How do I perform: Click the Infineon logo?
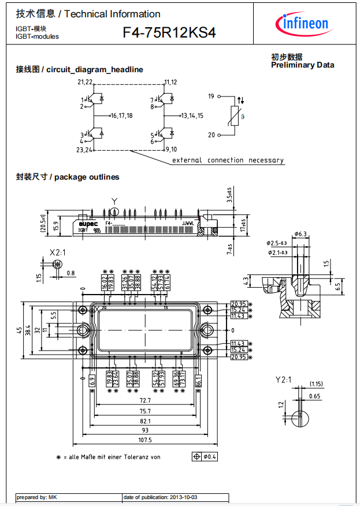click(305, 23)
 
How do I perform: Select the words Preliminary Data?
click(302, 65)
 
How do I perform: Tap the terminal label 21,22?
click(85, 83)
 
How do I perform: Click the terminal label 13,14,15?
click(192, 116)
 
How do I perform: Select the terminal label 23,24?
click(84, 150)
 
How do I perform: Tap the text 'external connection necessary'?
click(228, 160)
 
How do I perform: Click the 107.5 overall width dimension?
click(144, 440)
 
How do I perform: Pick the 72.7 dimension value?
click(144, 400)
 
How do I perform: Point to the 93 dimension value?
click(144, 430)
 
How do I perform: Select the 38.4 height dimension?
click(28, 330)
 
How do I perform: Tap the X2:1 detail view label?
click(57, 253)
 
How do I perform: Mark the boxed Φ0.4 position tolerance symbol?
click(205, 456)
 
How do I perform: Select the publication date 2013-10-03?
click(186, 497)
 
